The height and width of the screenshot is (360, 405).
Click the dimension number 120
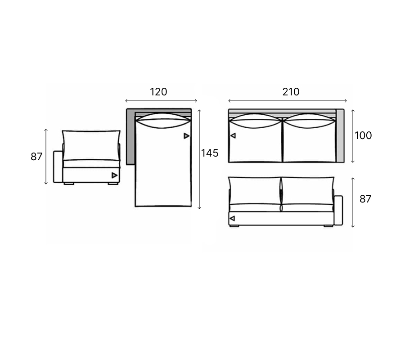(x=158, y=92)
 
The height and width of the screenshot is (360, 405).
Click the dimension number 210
(x=291, y=92)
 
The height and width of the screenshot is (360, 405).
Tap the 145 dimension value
(x=209, y=153)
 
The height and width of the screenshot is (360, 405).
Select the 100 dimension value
(x=363, y=135)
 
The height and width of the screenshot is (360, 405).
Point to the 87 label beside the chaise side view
(x=36, y=157)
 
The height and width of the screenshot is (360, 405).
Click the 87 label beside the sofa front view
(x=365, y=199)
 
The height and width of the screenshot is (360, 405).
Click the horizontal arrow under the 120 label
(x=161, y=101)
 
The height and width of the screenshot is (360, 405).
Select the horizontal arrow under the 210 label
(x=288, y=101)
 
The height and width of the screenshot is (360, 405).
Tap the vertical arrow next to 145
(x=199, y=159)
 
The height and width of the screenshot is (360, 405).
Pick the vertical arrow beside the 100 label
(x=353, y=136)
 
